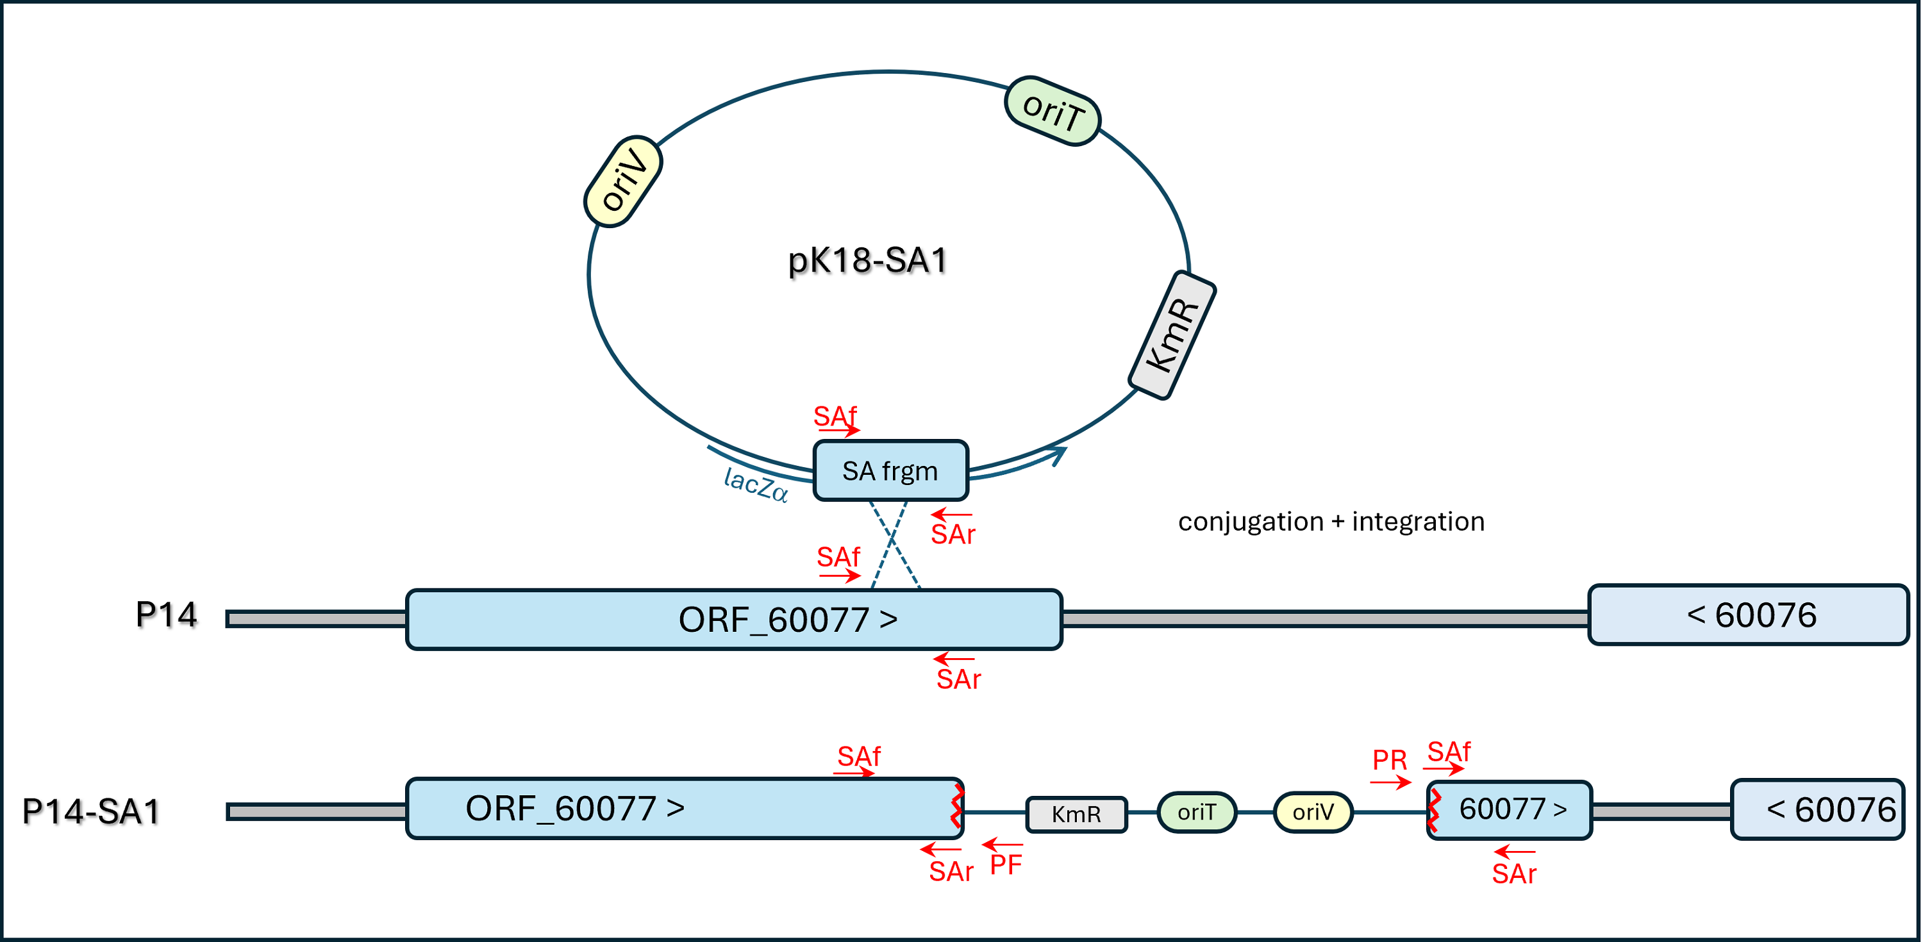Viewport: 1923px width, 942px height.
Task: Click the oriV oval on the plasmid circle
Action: (622, 181)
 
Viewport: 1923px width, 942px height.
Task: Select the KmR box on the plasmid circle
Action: (1172, 335)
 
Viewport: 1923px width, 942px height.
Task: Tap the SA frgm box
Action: (890, 471)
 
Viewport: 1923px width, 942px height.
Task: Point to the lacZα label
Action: (756, 485)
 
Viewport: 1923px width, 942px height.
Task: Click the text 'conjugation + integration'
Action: (1331, 521)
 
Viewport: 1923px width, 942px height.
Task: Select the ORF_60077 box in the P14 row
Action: (734, 620)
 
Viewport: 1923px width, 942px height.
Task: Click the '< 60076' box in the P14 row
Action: (1748, 615)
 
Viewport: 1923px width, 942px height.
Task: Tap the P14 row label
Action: (166, 615)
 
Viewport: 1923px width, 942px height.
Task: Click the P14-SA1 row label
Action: (91, 811)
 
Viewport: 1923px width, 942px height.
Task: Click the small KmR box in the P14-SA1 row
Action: (1076, 814)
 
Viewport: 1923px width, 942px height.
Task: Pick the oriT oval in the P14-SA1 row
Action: (1197, 812)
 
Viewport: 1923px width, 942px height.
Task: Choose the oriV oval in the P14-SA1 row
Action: (1312, 812)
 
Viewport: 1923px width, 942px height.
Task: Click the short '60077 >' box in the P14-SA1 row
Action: (1510, 810)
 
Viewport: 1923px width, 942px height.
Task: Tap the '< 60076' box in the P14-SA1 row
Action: (1818, 810)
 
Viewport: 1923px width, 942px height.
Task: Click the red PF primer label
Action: (1006, 865)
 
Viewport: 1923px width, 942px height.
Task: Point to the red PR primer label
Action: (1389, 761)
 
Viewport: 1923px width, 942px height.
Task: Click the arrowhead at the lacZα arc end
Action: (1060, 452)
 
